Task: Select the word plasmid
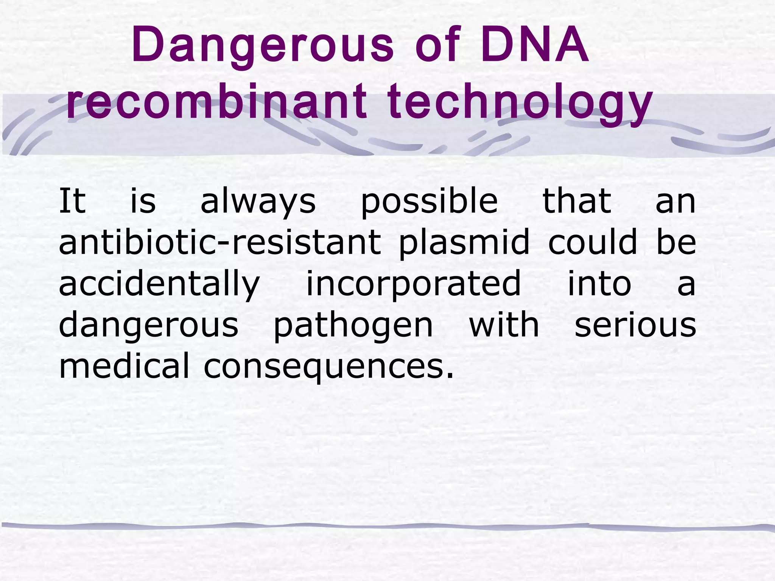pos(464,243)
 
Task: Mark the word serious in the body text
pos(635,325)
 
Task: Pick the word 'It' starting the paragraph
pos(72,201)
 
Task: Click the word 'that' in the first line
pos(577,201)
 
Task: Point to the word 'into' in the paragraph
pos(599,284)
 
